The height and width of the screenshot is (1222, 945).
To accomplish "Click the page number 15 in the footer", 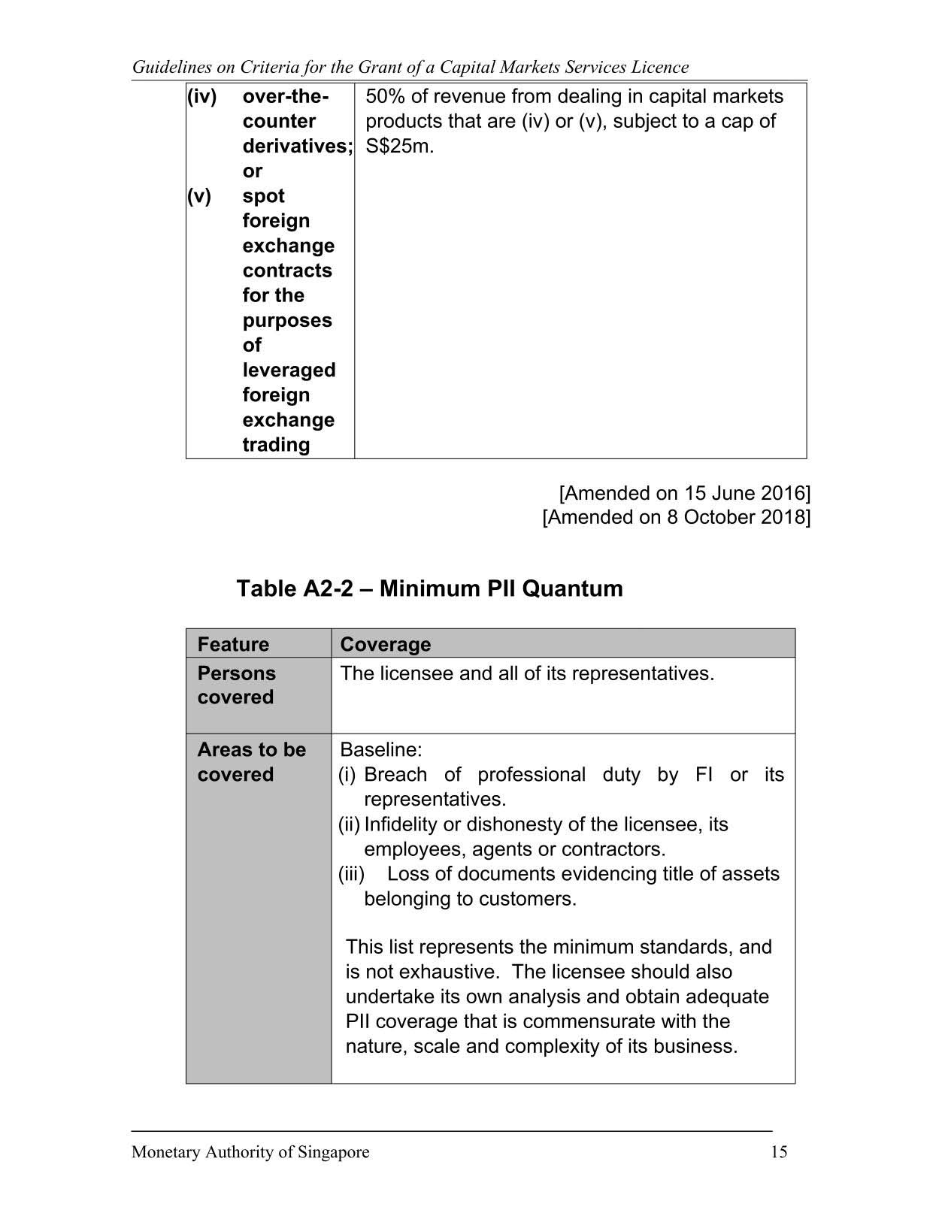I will pyautogui.click(x=779, y=1152).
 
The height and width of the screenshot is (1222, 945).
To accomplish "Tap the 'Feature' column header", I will pyautogui.click(x=233, y=644).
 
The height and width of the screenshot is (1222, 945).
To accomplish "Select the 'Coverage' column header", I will pyautogui.click(x=386, y=644).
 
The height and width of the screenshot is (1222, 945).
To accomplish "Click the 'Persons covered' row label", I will pyautogui.click(x=236, y=685).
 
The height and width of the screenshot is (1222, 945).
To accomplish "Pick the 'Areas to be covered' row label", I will pyautogui.click(x=251, y=762).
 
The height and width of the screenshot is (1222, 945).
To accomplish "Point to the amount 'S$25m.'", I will pyautogui.click(x=400, y=146).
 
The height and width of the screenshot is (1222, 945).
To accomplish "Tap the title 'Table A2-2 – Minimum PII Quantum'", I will pyautogui.click(x=429, y=588).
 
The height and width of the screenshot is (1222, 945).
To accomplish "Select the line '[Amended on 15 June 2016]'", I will pyautogui.click(x=684, y=493).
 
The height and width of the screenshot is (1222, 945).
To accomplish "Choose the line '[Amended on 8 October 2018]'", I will pyautogui.click(x=676, y=517).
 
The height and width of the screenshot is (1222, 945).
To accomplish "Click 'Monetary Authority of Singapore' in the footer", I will pyautogui.click(x=250, y=1152).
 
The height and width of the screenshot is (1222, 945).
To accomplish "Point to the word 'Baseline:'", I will pyautogui.click(x=381, y=749).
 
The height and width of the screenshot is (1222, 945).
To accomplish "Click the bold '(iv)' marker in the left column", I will pyautogui.click(x=201, y=96).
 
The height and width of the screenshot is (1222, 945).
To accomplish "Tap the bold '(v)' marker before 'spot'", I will pyautogui.click(x=199, y=196).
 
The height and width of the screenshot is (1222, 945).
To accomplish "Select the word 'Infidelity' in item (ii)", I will pyautogui.click(x=401, y=824).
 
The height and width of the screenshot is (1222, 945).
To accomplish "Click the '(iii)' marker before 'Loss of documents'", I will pyautogui.click(x=351, y=874).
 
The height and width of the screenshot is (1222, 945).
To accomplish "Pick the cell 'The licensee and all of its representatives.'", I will pyautogui.click(x=527, y=673).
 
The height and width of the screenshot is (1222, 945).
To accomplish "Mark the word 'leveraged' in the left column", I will pyautogui.click(x=289, y=370).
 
